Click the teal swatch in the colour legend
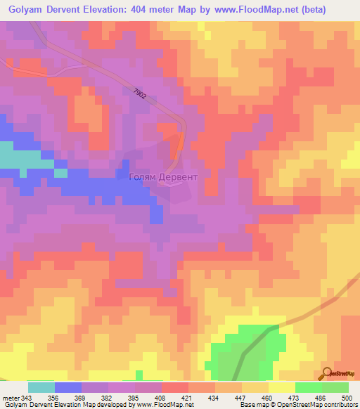coord(41,387)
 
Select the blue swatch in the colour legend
coord(68,387)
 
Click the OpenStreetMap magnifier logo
coord(326,374)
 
